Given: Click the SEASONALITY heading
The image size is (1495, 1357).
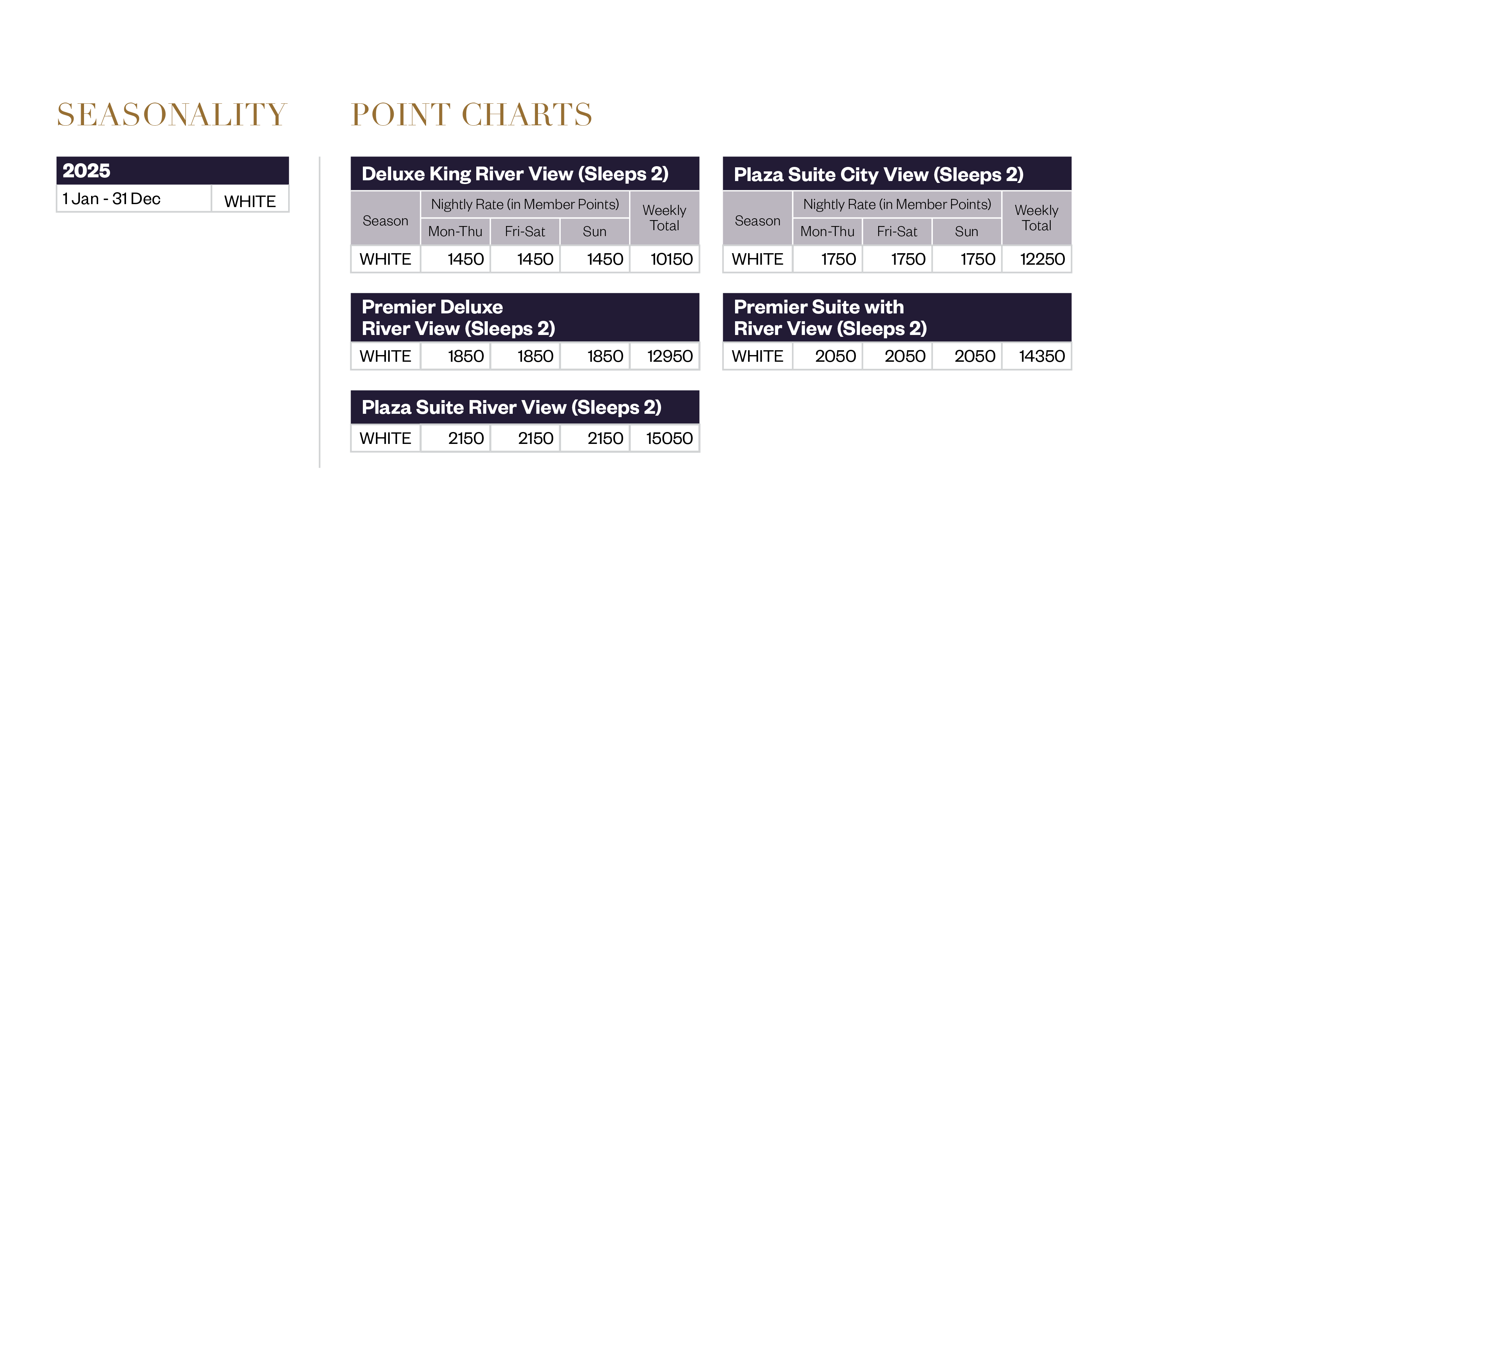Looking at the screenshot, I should tap(171, 115).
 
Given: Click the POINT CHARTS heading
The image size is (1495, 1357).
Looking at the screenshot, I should tap(472, 115).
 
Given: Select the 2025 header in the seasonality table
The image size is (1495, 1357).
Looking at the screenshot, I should tap(87, 171).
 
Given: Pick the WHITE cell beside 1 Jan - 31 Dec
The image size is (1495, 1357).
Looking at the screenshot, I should tap(250, 201).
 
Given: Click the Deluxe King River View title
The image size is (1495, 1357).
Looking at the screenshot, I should tap(515, 174).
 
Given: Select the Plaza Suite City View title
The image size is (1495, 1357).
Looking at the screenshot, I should tap(878, 175).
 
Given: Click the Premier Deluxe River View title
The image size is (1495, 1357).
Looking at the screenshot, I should tap(458, 318).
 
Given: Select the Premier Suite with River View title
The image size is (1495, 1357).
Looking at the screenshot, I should tap(830, 318).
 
